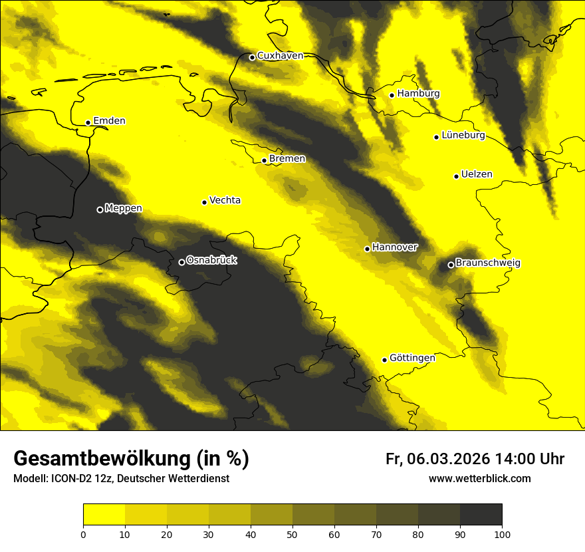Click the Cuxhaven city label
[x=280, y=56]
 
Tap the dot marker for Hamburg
[x=392, y=95]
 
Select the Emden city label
[x=109, y=121]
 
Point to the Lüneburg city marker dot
[x=437, y=137]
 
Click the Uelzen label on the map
[x=477, y=175]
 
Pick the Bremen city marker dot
[x=264, y=160]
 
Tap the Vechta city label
[x=225, y=200]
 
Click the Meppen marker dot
[x=100, y=209]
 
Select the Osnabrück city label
[x=211, y=261]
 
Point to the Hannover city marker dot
[x=367, y=249]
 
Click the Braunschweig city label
[x=488, y=263]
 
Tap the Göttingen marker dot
[x=384, y=360]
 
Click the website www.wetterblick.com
[x=479, y=479]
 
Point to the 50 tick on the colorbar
[x=292, y=533]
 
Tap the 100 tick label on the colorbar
[x=502, y=533]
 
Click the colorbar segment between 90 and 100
[x=481, y=515]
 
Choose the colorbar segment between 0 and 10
[x=104, y=515]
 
